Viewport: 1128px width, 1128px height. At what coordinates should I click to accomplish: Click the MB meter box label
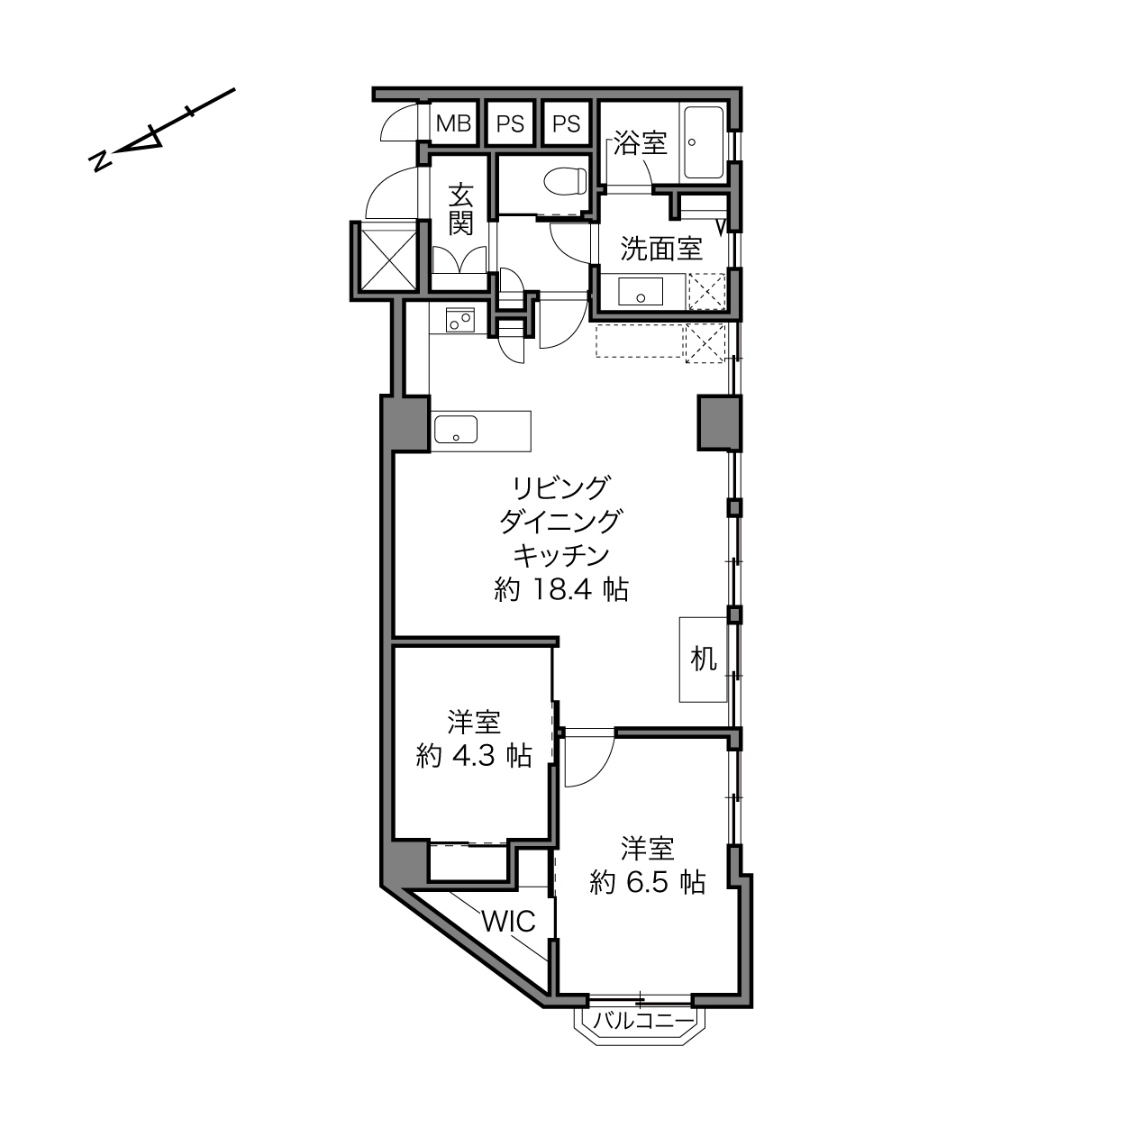[x=454, y=123]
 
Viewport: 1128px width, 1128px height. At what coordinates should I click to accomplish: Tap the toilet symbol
[x=565, y=181]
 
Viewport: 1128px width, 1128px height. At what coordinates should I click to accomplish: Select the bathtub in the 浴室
[x=703, y=142]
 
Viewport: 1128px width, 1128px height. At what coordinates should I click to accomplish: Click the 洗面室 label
[x=661, y=249]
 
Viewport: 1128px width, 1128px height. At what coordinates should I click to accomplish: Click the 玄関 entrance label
[x=460, y=209]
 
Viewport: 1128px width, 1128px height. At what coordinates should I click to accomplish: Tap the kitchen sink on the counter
[x=455, y=430]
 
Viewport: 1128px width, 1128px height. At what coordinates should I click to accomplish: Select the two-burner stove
[x=460, y=320]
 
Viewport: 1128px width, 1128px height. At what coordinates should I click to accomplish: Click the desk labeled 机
[x=703, y=660]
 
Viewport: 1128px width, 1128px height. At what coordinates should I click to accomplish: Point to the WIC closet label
[x=508, y=922]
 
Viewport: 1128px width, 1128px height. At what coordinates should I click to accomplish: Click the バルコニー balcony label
[x=643, y=1022]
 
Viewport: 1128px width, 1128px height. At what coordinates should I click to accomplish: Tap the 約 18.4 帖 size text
[x=561, y=590]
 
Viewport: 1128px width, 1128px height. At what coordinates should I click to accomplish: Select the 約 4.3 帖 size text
[x=474, y=756]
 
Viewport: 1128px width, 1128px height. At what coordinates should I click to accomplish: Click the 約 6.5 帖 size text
[x=648, y=882]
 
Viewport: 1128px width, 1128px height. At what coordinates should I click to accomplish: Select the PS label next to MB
[x=510, y=123]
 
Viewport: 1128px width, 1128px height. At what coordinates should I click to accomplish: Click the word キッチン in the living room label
[x=561, y=555]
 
